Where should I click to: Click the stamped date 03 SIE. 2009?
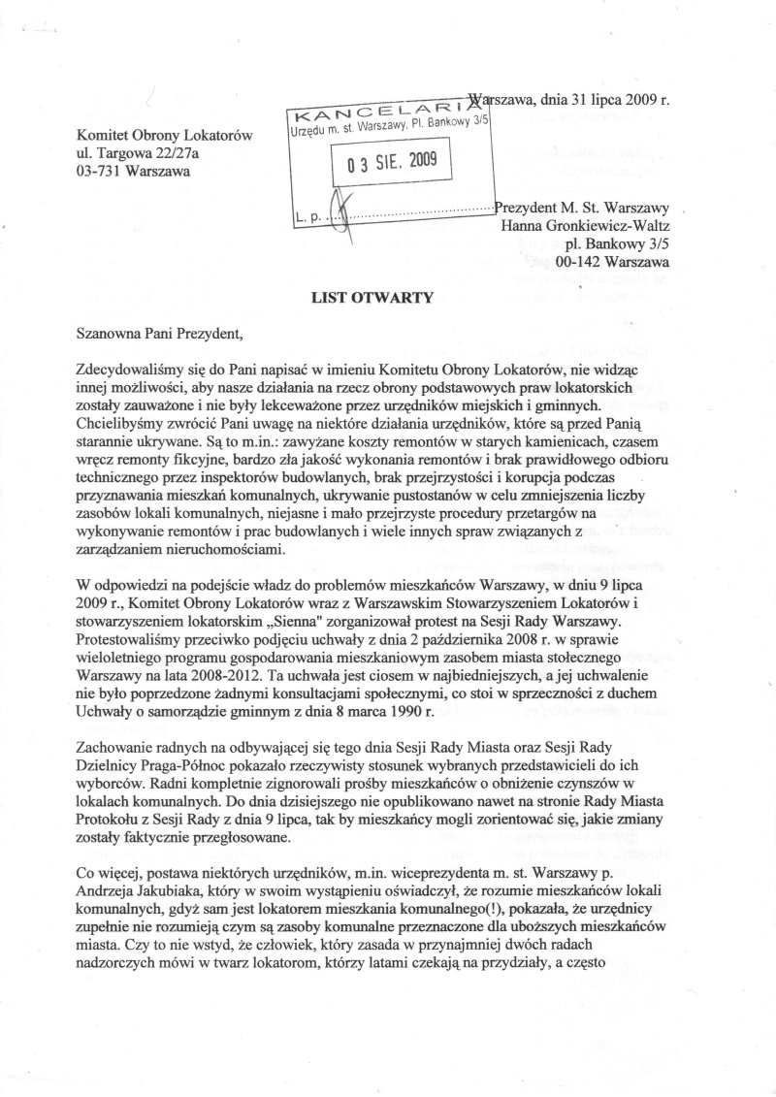(x=385, y=163)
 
